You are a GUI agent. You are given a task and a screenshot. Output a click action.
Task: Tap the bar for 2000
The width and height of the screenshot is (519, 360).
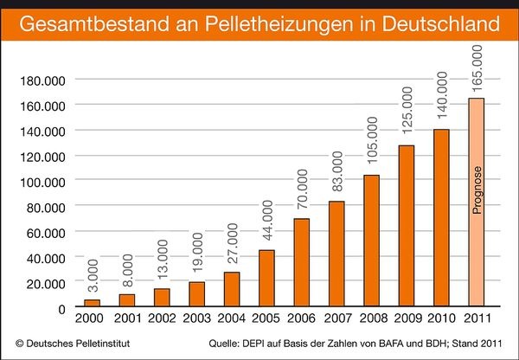click(92, 304)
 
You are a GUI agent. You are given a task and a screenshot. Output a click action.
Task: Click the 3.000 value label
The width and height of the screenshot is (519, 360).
click(93, 278)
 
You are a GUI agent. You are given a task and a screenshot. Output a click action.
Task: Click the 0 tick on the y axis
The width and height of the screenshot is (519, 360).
click(61, 307)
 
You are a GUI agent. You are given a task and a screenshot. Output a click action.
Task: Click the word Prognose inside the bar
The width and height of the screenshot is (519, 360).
click(476, 191)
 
